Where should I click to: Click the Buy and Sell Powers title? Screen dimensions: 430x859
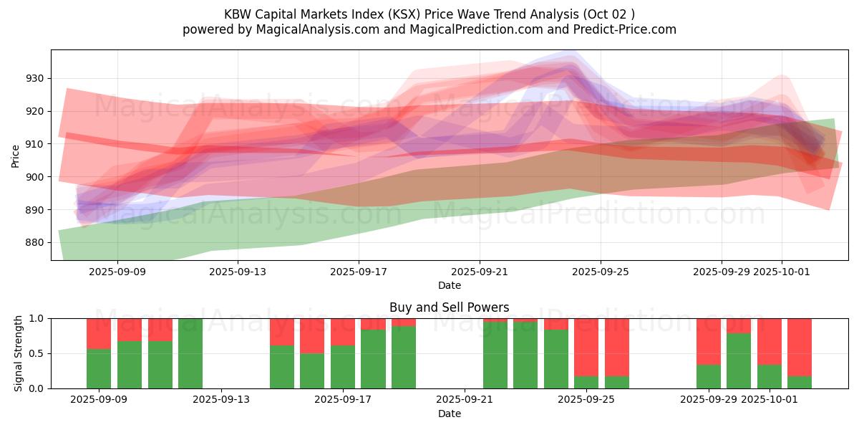[x=449, y=307]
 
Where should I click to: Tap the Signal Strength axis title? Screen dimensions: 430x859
[x=19, y=353]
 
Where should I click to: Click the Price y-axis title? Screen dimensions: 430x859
[x=16, y=156]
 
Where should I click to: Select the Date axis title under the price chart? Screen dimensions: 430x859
[x=449, y=285]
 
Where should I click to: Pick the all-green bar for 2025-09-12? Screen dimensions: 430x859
[x=190, y=353]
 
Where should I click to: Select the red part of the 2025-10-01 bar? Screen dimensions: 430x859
[x=770, y=341]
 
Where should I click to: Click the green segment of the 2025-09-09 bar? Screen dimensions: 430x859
[x=99, y=368]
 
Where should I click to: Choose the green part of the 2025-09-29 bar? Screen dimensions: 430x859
[x=709, y=376]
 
